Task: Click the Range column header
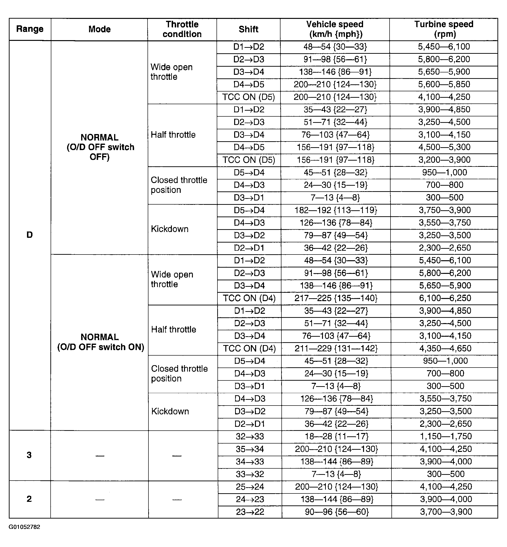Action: coord(30,29)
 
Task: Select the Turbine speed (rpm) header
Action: coord(444,29)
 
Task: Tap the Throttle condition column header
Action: coord(182,29)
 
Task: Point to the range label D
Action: coord(29,235)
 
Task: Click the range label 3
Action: coord(29,455)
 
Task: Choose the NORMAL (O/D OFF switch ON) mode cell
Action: coord(100,342)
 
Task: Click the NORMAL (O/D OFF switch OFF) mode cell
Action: coord(100,147)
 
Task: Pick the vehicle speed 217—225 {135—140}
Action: coord(336,298)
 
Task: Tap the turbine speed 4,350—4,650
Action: coord(445,348)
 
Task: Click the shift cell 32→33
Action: coord(250,436)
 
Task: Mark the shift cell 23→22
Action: coord(250,512)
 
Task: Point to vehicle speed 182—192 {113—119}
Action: coord(336,210)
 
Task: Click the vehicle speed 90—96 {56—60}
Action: coord(337,512)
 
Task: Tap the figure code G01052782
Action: coord(24,527)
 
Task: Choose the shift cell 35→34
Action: coord(250,449)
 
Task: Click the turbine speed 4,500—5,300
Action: coord(444,147)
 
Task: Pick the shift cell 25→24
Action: coord(250,487)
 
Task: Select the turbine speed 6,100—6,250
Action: coord(445,298)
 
